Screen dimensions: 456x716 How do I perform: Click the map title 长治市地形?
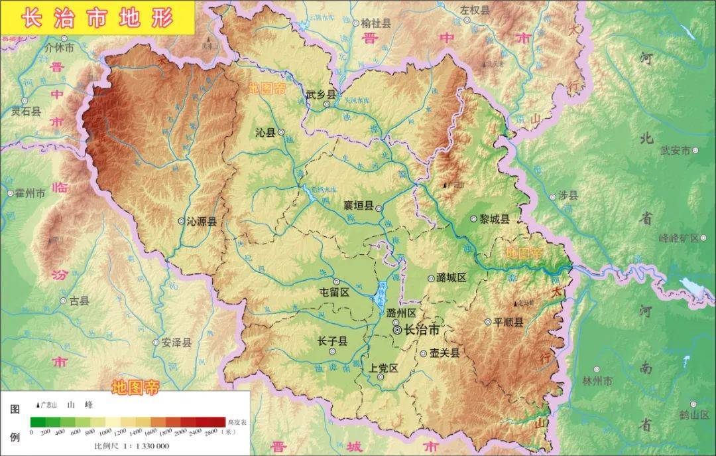point(97,18)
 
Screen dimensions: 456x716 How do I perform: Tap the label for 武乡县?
point(321,95)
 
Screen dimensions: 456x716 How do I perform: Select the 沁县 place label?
point(265,133)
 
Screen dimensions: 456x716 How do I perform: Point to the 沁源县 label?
point(202,222)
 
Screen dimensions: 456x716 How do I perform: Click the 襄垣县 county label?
point(359,206)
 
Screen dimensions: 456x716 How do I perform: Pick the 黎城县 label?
point(495,219)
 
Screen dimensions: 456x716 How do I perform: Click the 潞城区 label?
point(452,277)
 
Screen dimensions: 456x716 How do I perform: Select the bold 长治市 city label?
point(422,329)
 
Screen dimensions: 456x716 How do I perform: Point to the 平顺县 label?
point(508,322)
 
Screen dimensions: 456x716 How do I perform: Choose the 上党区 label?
point(384,368)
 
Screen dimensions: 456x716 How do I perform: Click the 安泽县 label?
point(176,343)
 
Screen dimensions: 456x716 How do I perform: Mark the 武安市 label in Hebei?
point(676,150)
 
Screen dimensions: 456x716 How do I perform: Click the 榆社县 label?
point(376,23)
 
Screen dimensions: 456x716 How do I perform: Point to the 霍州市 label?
point(30,193)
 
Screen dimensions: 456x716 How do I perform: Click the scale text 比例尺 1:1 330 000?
point(131,445)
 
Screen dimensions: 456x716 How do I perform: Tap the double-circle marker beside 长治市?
point(396,329)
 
